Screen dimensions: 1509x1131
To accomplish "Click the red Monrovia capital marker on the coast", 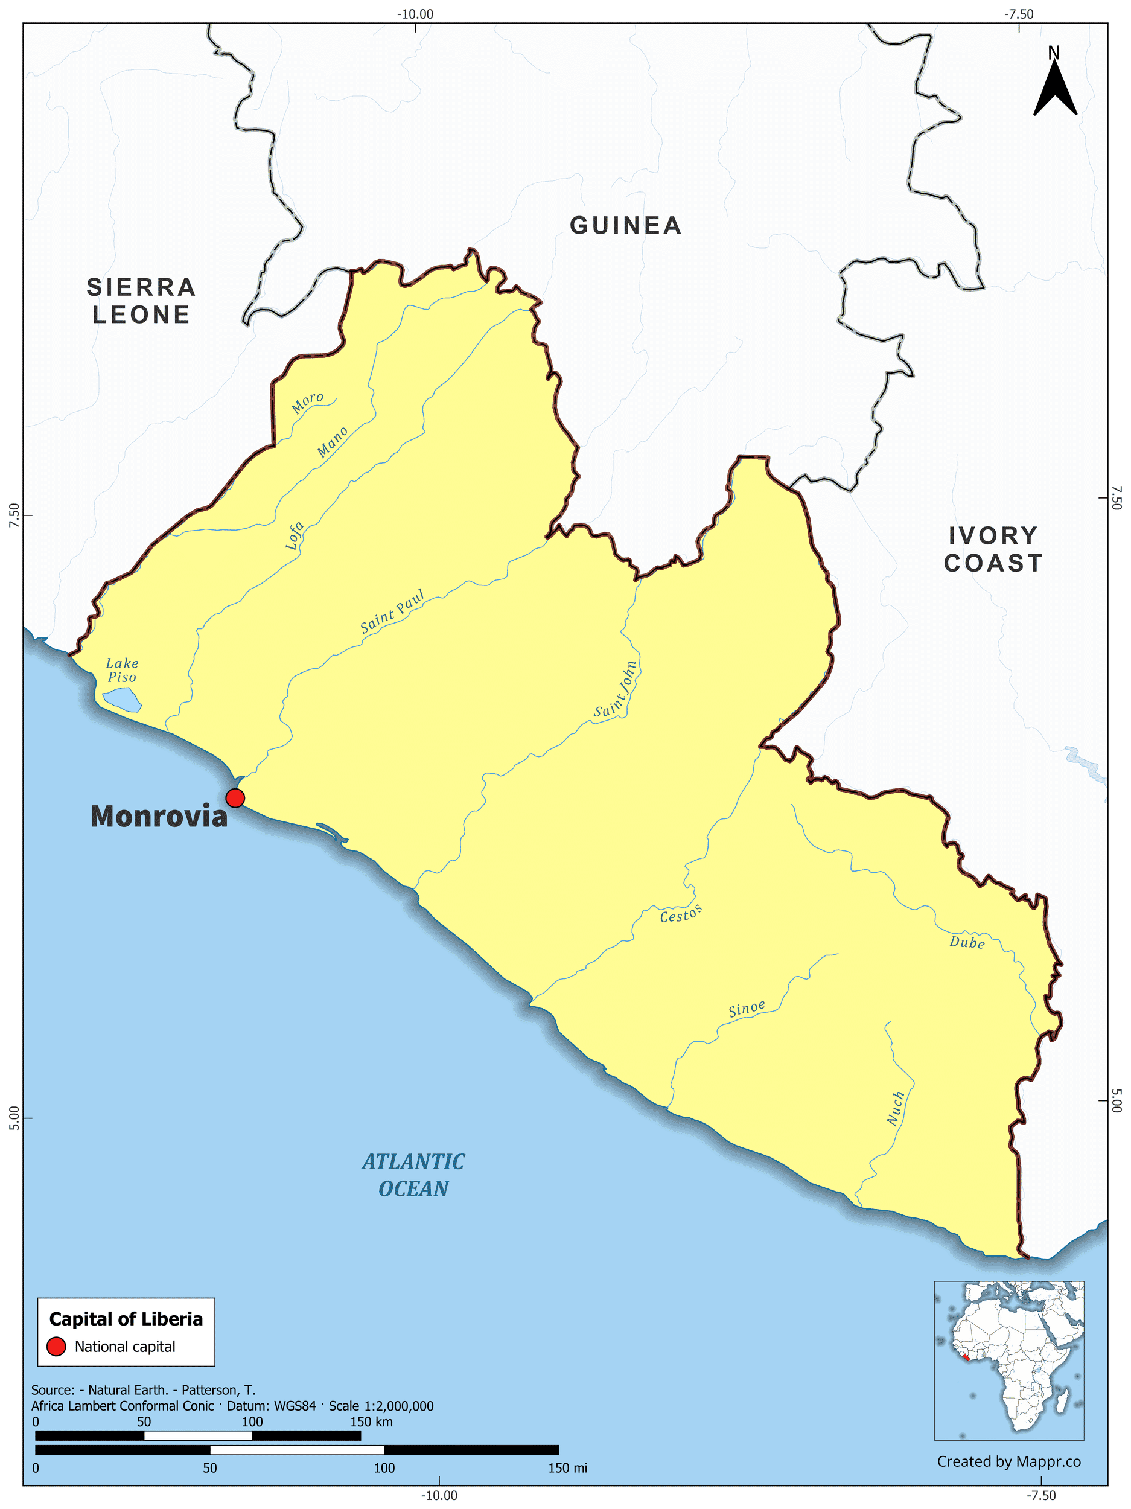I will pos(235,797).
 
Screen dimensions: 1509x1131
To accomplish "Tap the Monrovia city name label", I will pos(158,817).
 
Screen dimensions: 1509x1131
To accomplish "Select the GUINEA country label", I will pos(625,226).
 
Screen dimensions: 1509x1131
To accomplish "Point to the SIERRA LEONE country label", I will pos(141,301).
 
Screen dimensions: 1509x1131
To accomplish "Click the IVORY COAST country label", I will pos(993,549).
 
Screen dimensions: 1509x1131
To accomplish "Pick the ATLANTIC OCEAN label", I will pos(413,1175).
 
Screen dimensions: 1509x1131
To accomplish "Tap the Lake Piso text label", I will pos(122,670).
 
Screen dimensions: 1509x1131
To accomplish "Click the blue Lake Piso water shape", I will pos(122,699).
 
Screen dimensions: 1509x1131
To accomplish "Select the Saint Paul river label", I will pos(392,611).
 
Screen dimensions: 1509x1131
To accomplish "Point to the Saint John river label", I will pos(616,690).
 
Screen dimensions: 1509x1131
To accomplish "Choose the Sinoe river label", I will pos(747,1009).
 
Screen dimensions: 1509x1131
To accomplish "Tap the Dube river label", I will pos(967,943).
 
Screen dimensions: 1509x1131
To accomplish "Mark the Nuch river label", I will pos(896,1109).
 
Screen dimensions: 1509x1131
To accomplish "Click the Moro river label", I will pos(307,403).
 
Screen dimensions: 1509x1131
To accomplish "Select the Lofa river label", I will pos(294,535).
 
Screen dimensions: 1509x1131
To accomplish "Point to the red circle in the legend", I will pos(56,1347).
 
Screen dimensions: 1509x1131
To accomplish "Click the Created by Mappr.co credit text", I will pos(1008,1461).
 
